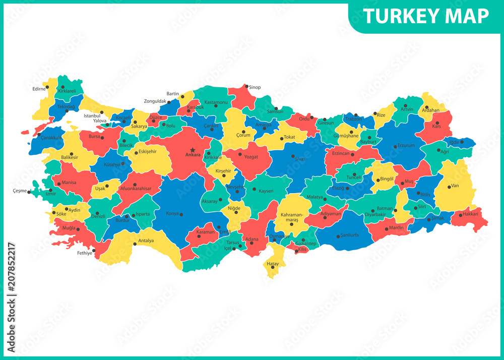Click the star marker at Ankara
193,150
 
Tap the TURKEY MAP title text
426,16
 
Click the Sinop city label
255,87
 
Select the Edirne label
39,89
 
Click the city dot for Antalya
135,244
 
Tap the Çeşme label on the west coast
20,191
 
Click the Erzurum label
406,146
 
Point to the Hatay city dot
273,267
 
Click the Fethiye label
85,253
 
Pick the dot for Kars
437,123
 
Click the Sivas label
300,159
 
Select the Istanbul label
92,115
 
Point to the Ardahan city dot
426,107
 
